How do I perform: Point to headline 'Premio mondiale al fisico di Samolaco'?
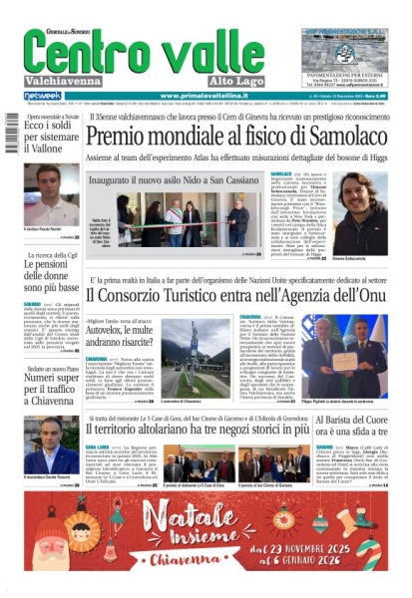(x=250, y=136)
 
